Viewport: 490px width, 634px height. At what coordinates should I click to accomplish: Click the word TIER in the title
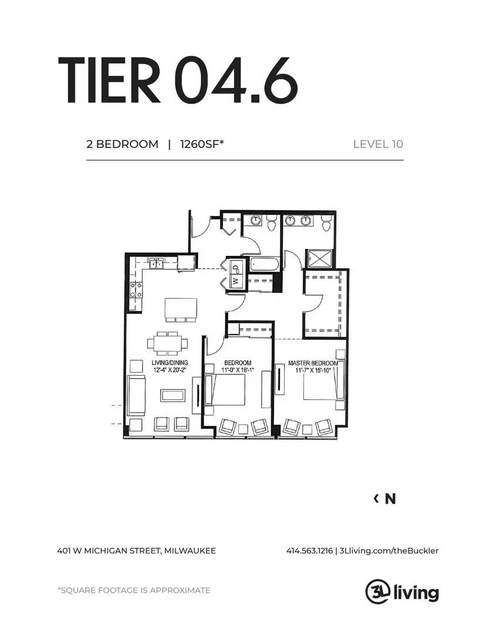click(109, 80)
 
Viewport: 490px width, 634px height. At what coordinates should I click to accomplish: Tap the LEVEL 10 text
click(378, 144)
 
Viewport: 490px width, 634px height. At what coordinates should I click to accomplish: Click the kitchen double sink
click(156, 264)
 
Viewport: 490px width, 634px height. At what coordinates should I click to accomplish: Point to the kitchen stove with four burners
click(136, 290)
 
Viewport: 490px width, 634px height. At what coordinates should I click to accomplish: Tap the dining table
click(167, 343)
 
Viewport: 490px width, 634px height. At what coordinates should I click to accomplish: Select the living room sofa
click(136, 395)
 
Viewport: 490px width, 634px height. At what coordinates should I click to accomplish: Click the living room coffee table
click(173, 395)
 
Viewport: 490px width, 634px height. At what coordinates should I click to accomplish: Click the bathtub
click(264, 265)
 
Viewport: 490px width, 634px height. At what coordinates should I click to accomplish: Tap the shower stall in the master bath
click(319, 259)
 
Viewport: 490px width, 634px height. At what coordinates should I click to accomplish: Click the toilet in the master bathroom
click(326, 223)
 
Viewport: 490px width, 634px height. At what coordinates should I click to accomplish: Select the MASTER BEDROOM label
click(313, 363)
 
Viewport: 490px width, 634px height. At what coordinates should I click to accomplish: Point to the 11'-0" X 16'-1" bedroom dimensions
click(238, 370)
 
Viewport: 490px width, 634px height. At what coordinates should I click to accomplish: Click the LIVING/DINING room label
click(170, 363)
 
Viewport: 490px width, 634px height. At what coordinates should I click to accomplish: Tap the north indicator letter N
click(390, 499)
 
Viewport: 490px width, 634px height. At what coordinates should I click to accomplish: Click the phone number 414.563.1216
click(310, 551)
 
